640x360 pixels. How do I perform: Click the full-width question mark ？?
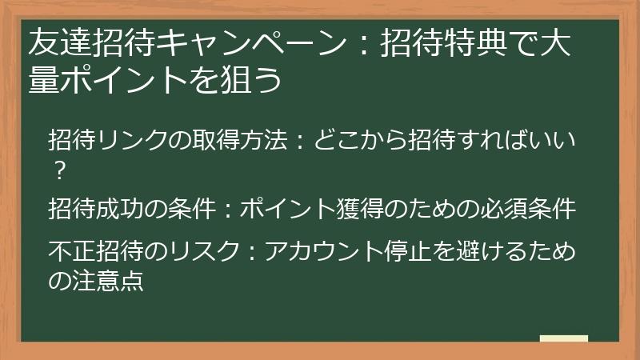(58, 170)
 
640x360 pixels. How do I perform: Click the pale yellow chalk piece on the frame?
(563, 338)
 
